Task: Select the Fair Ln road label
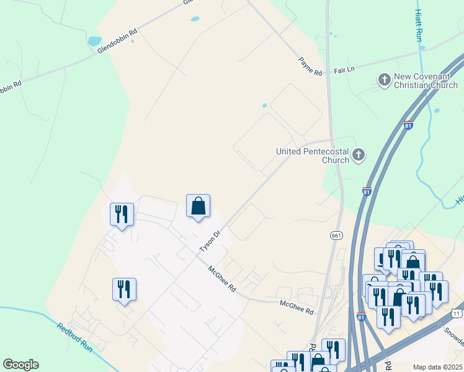point(344,71)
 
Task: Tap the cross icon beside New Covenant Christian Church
point(384,79)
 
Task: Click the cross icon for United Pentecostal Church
point(359,155)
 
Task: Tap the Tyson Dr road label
point(210,241)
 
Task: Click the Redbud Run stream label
point(74,337)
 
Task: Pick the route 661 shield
point(336,236)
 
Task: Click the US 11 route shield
point(457,311)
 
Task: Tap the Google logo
point(20,365)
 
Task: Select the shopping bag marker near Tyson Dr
point(198,206)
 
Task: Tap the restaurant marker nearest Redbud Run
point(124,289)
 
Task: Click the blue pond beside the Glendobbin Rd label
point(94,42)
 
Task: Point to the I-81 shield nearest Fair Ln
point(408,125)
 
